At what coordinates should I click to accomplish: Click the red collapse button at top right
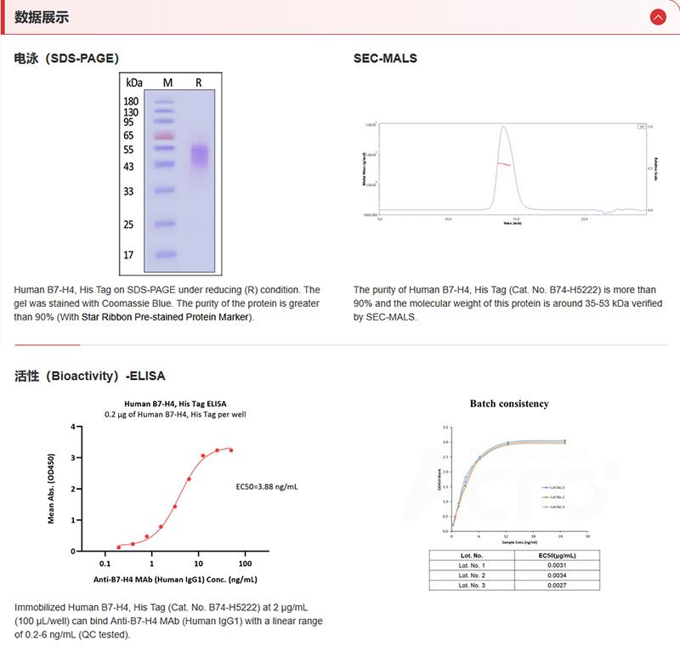[x=657, y=17]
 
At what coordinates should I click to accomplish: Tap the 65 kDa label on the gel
[x=129, y=135]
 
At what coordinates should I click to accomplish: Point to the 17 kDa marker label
[x=129, y=254]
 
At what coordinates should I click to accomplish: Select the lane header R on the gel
[x=198, y=82]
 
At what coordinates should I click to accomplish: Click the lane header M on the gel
[x=167, y=82]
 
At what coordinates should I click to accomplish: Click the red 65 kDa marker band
[x=165, y=135]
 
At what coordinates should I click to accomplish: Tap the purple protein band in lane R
[x=199, y=155]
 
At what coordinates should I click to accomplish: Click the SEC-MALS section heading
[x=385, y=59]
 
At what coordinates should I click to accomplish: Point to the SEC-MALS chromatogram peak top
[x=504, y=127]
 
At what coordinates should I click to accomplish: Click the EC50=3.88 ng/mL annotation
[x=267, y=487]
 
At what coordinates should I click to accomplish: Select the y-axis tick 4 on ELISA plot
[x=74, y=427]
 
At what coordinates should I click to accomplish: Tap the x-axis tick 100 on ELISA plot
[x=246, y=564]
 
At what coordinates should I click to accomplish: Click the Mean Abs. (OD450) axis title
[x=52, y=488]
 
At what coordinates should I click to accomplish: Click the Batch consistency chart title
[x=509, y=404]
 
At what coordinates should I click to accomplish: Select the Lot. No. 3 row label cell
[x=473, y=585]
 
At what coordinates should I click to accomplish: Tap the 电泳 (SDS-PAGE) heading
[x=66, y=59]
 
